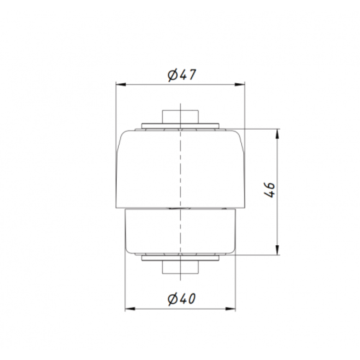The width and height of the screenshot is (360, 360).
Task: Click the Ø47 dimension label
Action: point(182,75)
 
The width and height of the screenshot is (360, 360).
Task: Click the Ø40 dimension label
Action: point(182,299)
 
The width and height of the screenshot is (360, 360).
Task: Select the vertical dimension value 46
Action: point(270,190)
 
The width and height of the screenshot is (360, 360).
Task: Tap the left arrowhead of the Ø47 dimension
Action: point(121,85)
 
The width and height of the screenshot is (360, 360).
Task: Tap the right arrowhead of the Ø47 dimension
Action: point(239,85)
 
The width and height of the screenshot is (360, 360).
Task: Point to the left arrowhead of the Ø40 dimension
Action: point(130,309)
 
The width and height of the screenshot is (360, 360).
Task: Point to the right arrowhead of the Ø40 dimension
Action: point(230,309)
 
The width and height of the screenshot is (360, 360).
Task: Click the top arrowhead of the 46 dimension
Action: point(277,134)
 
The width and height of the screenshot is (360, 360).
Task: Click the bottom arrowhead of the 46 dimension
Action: point(277,250)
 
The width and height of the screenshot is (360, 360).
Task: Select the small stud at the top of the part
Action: point(180,117)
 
